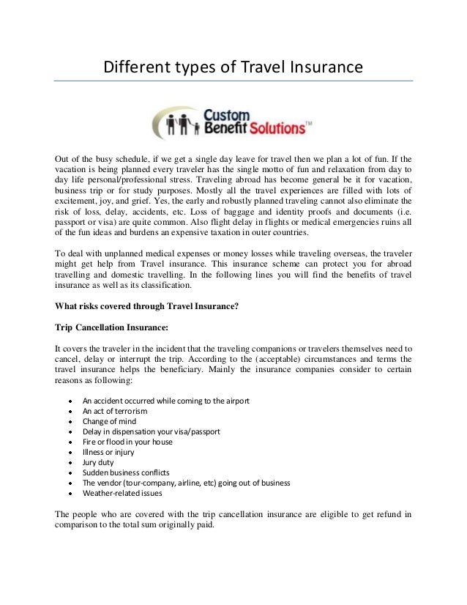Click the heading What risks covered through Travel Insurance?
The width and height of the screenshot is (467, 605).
click(147, 306)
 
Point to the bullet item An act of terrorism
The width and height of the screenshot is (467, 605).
click(115, 412)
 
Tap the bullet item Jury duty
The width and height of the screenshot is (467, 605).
click(98, 462)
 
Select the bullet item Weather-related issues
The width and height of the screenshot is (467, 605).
click(122, 493)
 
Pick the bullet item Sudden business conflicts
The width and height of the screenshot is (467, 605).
click(126, 472)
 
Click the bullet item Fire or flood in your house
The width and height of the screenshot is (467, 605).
click(127, 442)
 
